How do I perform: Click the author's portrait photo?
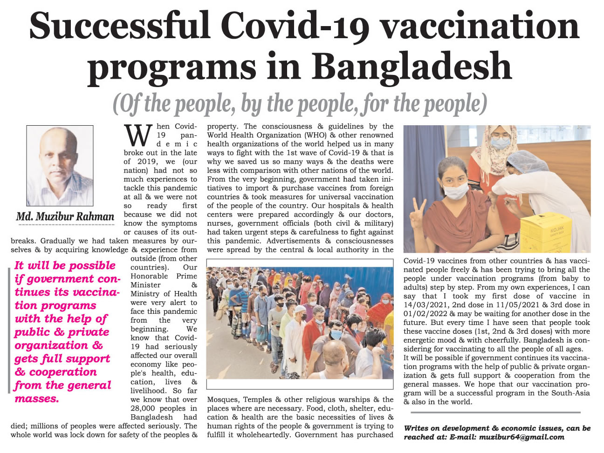[60, 166]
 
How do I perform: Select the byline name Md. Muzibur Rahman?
[65, 216]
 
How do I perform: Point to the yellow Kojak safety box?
[555, 232]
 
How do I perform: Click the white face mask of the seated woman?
[456, 190]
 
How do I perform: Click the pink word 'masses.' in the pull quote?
[37, 399]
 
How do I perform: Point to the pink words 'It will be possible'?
[65, 265]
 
